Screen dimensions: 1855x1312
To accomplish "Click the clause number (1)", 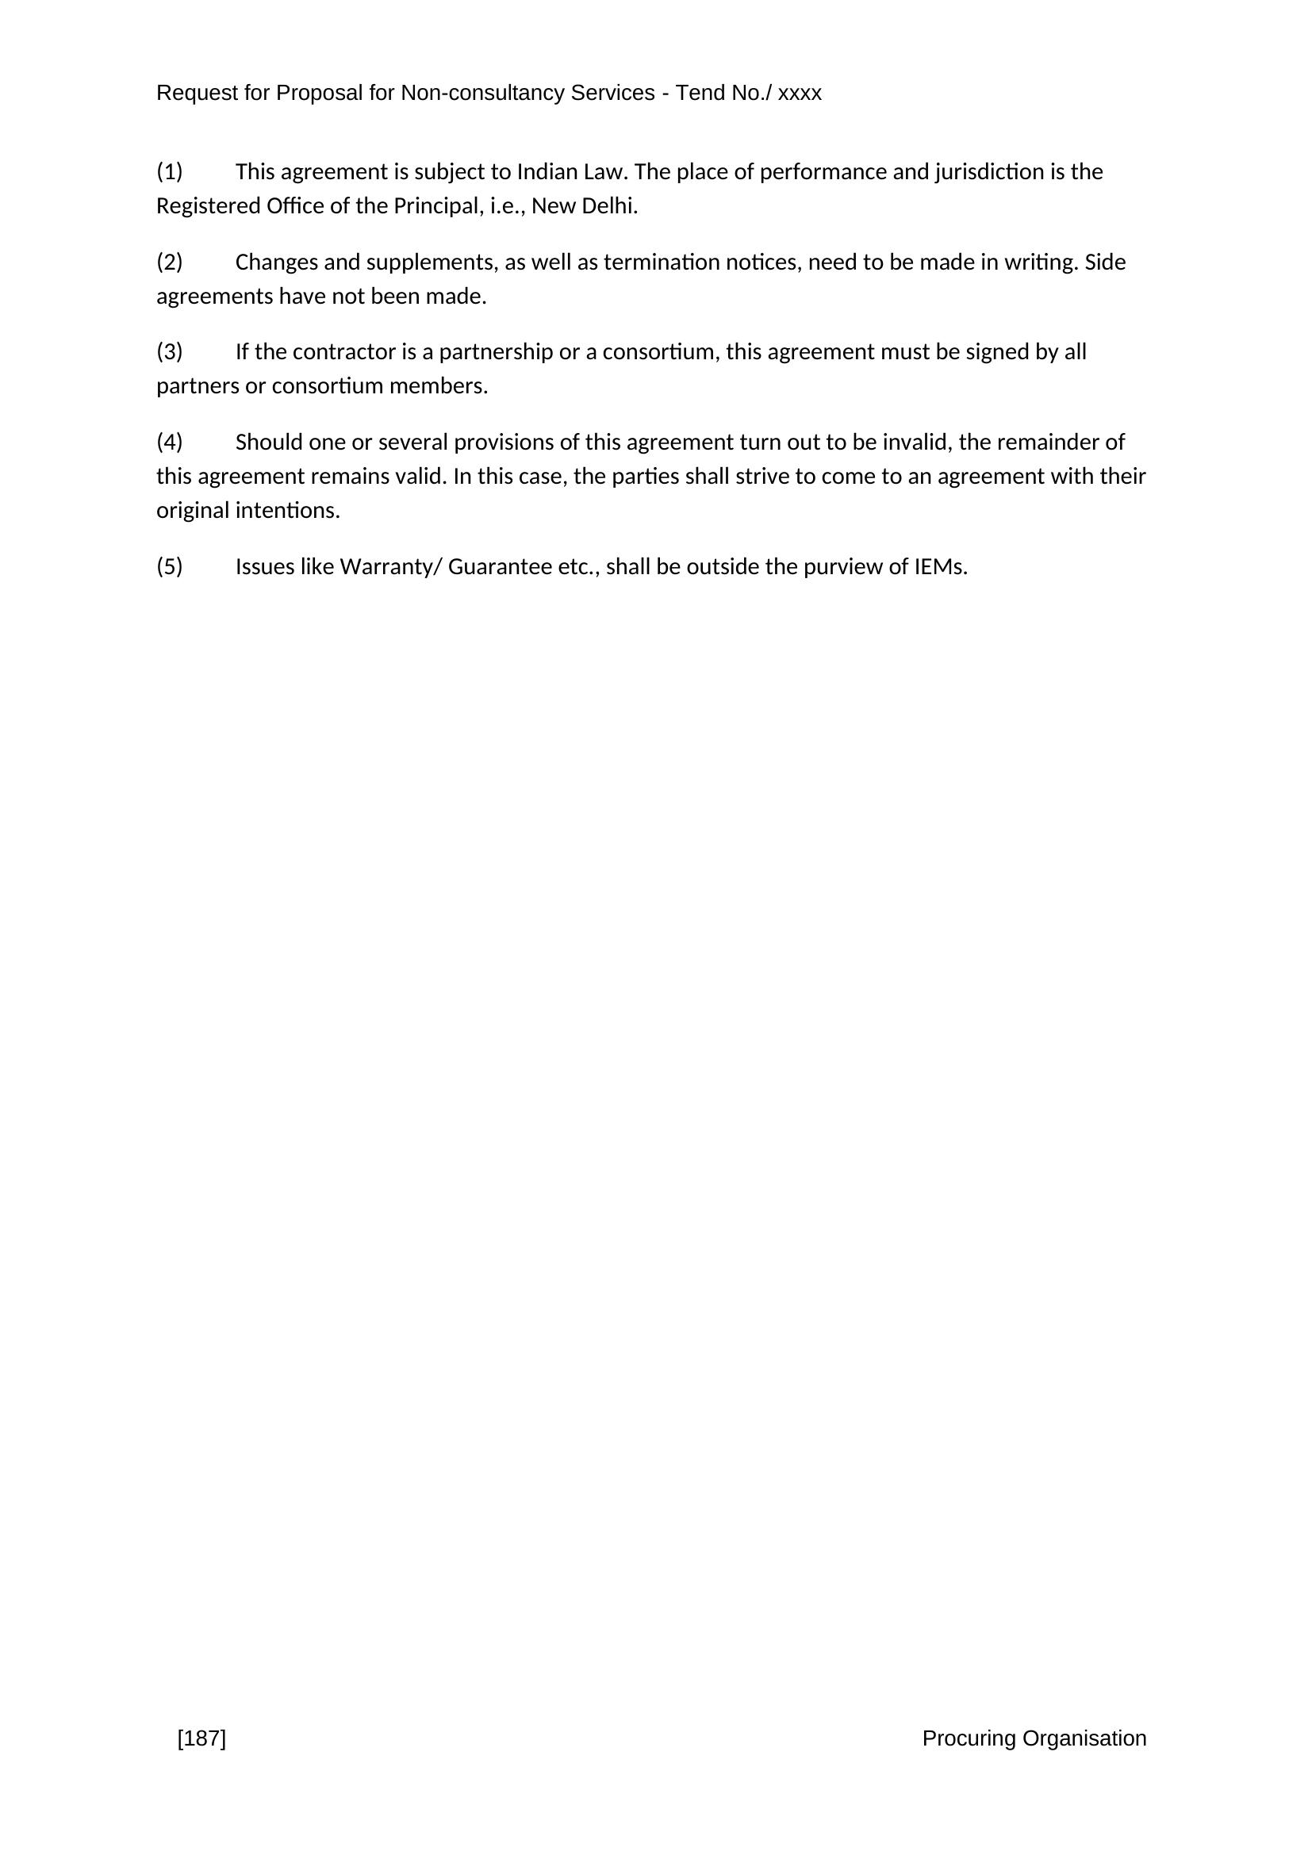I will click(x=170, y=172).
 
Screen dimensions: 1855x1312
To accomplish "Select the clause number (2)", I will click(x=170, y=263).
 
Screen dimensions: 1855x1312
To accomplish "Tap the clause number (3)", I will click(x=170, y=352).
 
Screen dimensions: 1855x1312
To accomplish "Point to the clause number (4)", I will click(x=170, y=443).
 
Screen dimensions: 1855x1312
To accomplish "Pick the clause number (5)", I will click(x=170, y=567).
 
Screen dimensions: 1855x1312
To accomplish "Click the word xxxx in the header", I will click(x=800, y=94).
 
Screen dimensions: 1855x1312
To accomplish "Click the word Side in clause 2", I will click(x=1105, y=263).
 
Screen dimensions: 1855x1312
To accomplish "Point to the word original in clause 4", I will click(x=192, y=512).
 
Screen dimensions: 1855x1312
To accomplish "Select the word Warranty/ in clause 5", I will click(x=391, y=567).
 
